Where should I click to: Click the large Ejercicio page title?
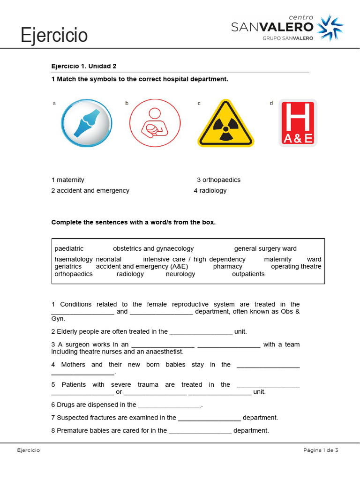click(54, 35)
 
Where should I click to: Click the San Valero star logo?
click(330, 28)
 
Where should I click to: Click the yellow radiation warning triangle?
click(225, 124)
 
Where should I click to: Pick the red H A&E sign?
click(298, 123)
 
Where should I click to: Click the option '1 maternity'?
click(68, 180)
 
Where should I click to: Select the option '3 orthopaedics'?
click(218, 180)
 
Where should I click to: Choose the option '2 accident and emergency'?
click(90, 191)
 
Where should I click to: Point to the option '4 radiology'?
click(210, 191)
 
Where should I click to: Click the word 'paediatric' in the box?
click(69, 248)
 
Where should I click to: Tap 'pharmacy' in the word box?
click(227, 266)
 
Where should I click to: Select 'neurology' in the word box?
click(180, 274)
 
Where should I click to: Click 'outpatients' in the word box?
click(248, 274)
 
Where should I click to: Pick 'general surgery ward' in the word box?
click(265, 248)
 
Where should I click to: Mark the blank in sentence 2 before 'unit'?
click(201, 332)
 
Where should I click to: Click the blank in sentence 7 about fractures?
click(209, 418)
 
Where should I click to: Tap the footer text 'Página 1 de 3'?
click(321, 450)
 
